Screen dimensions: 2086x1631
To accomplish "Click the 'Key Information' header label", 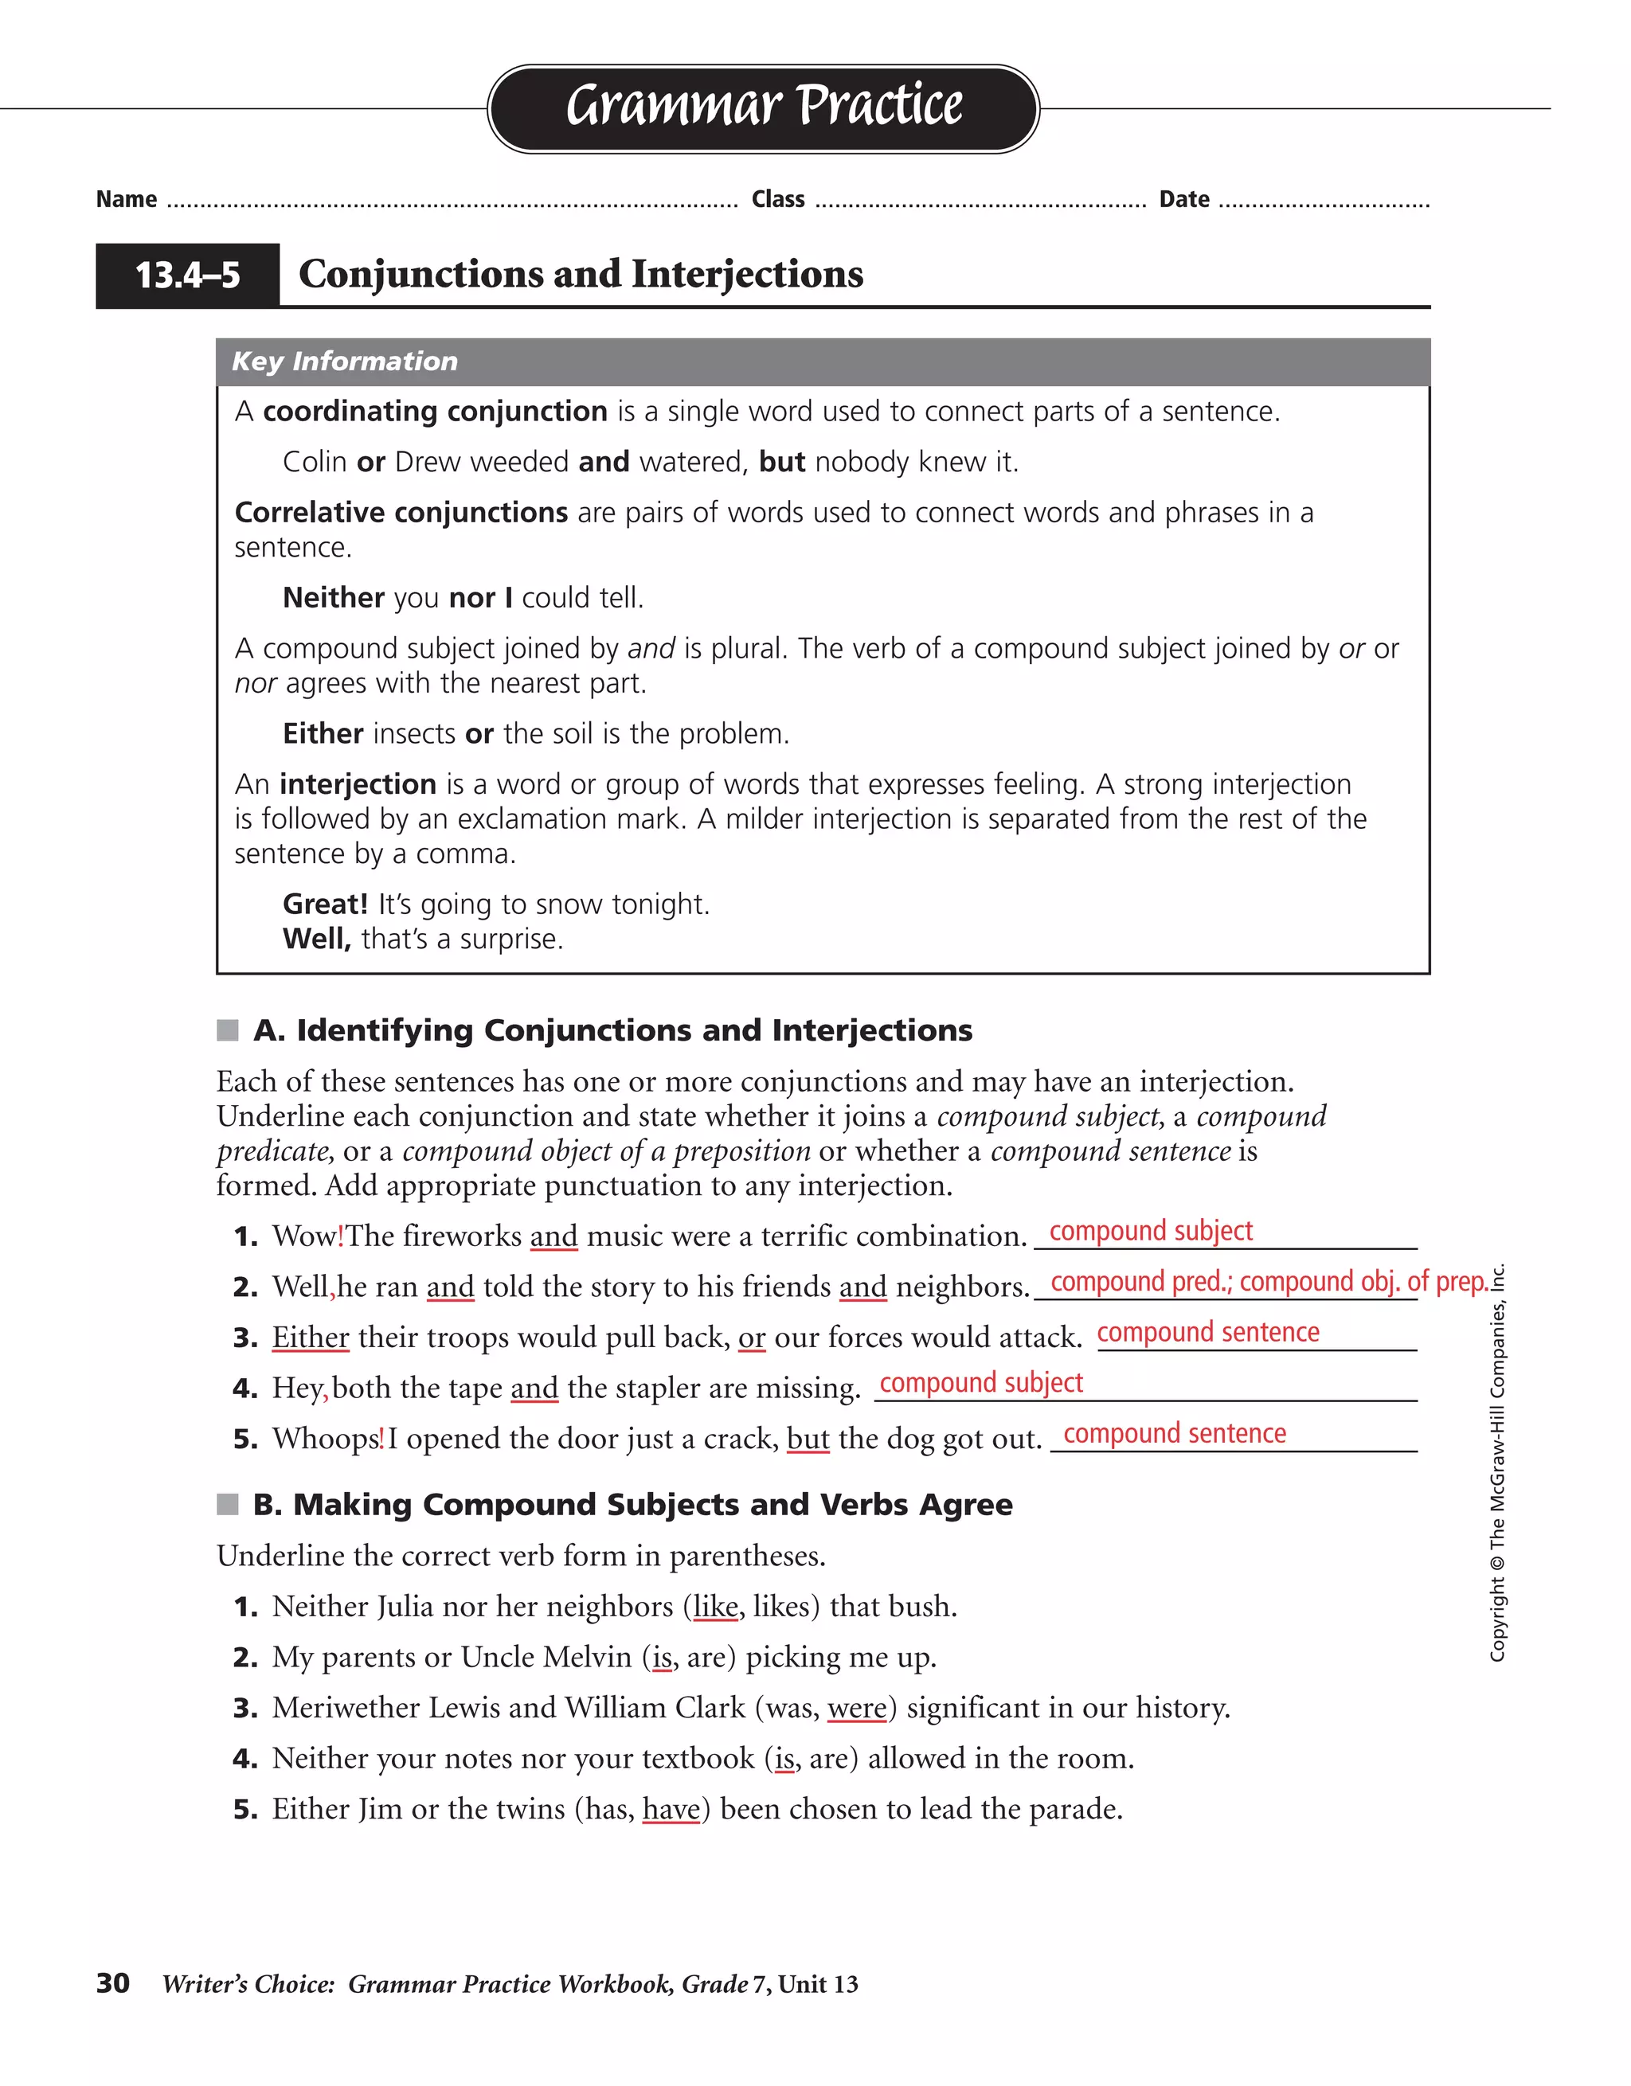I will pyautogui.click(x=344, y=361).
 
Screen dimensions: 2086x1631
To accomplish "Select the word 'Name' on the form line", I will pyautogui.click(x=126, y=200).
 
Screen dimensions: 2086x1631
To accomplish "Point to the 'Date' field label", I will pyautogui.click(x=1184, y=200).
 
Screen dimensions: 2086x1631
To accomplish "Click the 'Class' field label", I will pyautogui.click(x=778, y=200).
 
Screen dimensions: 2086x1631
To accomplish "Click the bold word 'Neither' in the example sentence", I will pyautogui.click(x=334, y=598).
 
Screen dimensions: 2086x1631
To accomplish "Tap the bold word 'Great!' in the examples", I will pyautogui.click(x=325, y=904).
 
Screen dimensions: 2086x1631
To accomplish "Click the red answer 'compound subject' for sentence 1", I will pyautogui.click(x=1151, y=1231).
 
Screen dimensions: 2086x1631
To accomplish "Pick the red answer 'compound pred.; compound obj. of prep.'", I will pyautogui.click(x=1269, y=1282).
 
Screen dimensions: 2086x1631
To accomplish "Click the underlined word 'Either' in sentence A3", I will pyautogui.click(x=311, y=1337).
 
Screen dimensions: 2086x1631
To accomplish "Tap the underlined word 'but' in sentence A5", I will pyautogui.click(x=808, y=1439).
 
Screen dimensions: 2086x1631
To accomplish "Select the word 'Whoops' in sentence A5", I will pyautogui.click(x=326, y=1439).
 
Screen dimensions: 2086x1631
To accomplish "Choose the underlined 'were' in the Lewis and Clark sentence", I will pyautogui.click(x=857, y=1708).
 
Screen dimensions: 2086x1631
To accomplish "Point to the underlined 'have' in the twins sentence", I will pyautogui.click(x=671, y=1809).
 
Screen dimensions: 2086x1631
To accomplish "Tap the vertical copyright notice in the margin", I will pyautogui.click(x=1497, y=1461).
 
